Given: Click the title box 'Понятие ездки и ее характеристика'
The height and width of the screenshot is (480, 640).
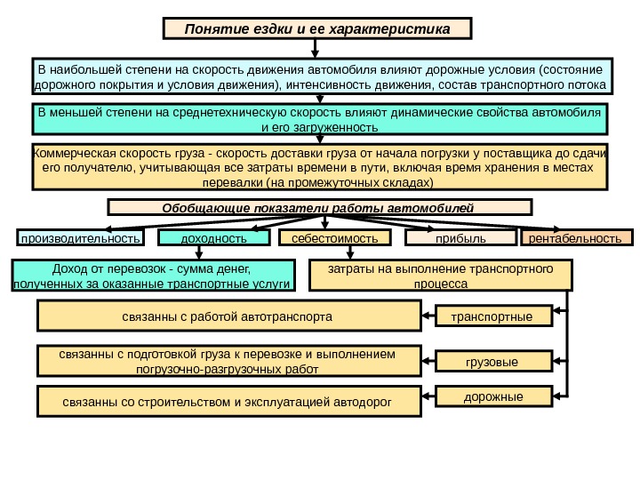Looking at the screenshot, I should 317,28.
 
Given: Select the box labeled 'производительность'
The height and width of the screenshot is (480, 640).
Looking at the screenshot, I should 81,238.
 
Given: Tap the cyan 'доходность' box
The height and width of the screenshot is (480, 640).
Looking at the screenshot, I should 213,238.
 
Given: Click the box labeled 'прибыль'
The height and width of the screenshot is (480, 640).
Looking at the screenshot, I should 460,238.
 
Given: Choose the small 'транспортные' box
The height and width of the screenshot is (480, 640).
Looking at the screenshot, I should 492,316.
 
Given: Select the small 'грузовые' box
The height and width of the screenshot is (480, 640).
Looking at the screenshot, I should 492,362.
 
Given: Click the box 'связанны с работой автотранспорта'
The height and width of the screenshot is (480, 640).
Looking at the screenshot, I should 228,316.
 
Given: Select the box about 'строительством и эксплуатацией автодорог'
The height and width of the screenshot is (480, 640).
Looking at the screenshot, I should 228,402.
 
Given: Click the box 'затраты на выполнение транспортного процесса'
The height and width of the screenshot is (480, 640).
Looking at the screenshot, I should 440,276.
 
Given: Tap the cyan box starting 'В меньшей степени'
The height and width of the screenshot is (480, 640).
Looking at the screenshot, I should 319,120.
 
